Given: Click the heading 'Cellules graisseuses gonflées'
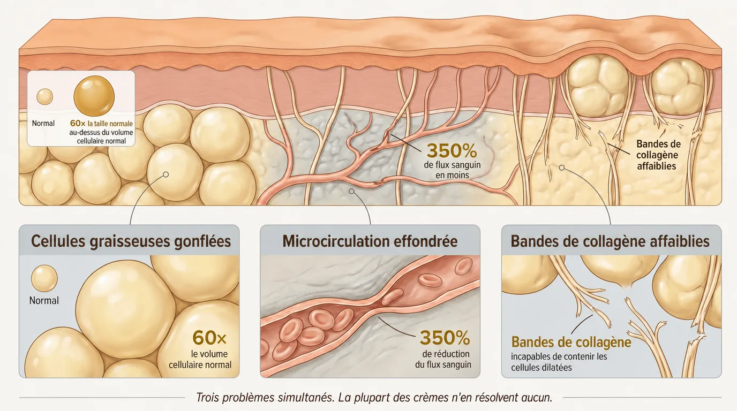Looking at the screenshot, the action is pos(131,241).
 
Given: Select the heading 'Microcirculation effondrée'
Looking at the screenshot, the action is pos(370,241).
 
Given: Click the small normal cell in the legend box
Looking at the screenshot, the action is pos(44,97).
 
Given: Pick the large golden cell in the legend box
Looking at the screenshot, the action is pos(94,96).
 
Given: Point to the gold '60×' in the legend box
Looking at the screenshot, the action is pos(78,123).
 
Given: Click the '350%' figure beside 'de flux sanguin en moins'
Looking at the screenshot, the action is pos(452,151).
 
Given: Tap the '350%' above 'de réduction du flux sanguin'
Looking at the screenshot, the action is pos(445,338).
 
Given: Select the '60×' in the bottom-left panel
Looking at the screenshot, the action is pos(209,337).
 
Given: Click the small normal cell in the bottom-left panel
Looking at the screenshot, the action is pos(44,278).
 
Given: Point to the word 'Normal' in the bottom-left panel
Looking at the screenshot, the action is pos(44,301).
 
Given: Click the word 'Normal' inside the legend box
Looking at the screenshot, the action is pos(43,123).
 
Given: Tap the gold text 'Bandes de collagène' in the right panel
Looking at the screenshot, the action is pos(571,342).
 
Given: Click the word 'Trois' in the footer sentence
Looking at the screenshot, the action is pos(207,398).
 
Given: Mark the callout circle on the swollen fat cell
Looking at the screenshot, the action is pos(166,174).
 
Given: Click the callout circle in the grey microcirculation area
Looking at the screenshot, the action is pos(352,191).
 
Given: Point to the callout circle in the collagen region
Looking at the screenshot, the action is pos(562,168).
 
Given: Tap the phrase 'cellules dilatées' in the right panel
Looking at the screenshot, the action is pos(541,367).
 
